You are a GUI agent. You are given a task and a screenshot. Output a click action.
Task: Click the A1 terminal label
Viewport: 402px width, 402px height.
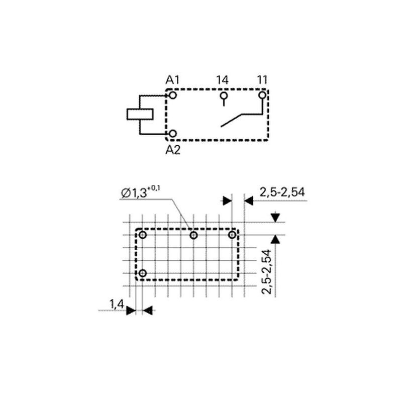tap(172, 80)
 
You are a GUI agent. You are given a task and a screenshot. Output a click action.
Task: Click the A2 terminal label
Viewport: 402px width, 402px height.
tap(173, 150)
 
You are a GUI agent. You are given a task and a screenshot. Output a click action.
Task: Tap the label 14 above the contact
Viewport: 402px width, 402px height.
tap(222, 80)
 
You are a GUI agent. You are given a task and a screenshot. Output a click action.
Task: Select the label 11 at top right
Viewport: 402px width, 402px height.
tap(262, 80)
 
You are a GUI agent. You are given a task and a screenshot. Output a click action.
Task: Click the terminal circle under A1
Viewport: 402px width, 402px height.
tap(173, 95)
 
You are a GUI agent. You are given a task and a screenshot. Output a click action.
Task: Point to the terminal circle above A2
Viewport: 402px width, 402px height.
tap(173, 134)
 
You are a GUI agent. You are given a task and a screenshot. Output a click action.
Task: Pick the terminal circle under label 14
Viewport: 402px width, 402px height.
tap(224, 95)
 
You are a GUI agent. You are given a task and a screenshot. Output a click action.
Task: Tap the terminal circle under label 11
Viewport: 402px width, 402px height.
tap(262, 95)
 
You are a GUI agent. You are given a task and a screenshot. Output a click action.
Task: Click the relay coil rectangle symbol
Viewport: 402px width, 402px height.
tap(140, 115)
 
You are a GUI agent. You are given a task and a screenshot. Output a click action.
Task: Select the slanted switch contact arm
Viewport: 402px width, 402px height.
tap(231, 121)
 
